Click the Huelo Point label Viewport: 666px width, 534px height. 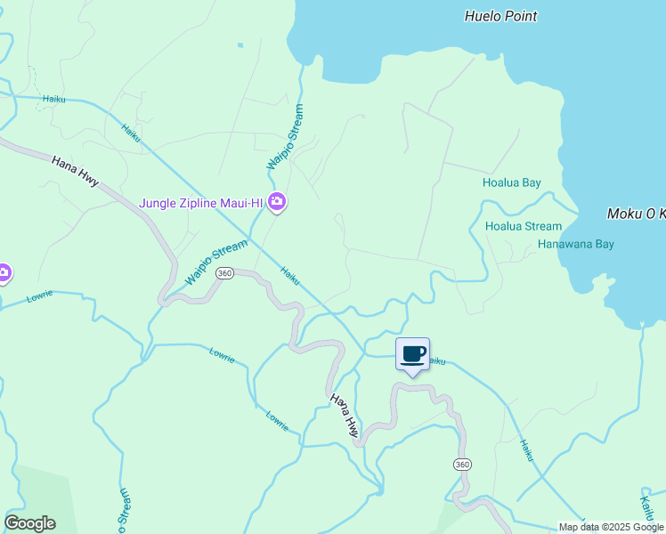click(x=501, y=16)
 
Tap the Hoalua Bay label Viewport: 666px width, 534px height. click(x=511, y=183)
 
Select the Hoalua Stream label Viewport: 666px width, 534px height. click(x=524, y=226)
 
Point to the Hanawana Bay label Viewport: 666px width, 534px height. click(x=576, y=244)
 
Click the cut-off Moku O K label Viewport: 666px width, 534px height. click(x=636, y=214)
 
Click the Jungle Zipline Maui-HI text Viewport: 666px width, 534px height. click(x=201, y=203)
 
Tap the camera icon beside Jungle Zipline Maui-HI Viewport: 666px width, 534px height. click(x=277, y=203)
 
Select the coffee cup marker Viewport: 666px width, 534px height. click(x=412, y=355)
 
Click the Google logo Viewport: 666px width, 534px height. click(x=29, y=523)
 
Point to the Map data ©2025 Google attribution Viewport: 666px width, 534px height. click(x=612, y=527)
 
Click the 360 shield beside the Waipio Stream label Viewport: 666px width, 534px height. click(x=224, y=273)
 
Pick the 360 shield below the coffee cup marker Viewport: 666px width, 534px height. click(x=461, y=465)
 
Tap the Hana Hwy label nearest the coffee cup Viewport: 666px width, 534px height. click(x=345, y=415)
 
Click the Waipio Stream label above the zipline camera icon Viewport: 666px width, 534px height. click(x=286, y=138)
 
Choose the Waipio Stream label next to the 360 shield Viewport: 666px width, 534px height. click(x=215, y=263)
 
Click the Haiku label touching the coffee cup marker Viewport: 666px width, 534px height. click(x=435, y=361)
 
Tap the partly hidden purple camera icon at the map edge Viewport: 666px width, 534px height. click(x=4, y=273)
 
